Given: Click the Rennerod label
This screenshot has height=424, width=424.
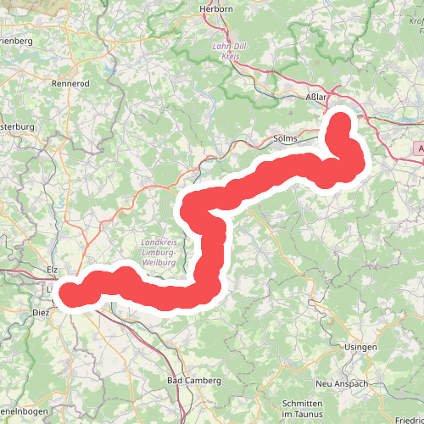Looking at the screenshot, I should (x=70, y=84).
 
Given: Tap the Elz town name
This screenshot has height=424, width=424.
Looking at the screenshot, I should (x=52, y=270).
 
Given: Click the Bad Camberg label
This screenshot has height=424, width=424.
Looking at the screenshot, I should (x=194, y=381).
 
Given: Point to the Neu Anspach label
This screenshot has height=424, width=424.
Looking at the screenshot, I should (x=339, y=384).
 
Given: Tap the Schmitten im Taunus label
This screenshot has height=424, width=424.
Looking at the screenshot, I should (x=304, y=408).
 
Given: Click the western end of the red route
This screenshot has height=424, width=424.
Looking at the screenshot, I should (x=68, y=293).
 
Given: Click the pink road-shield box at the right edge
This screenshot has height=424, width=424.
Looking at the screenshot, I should (x=419, y=148).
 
